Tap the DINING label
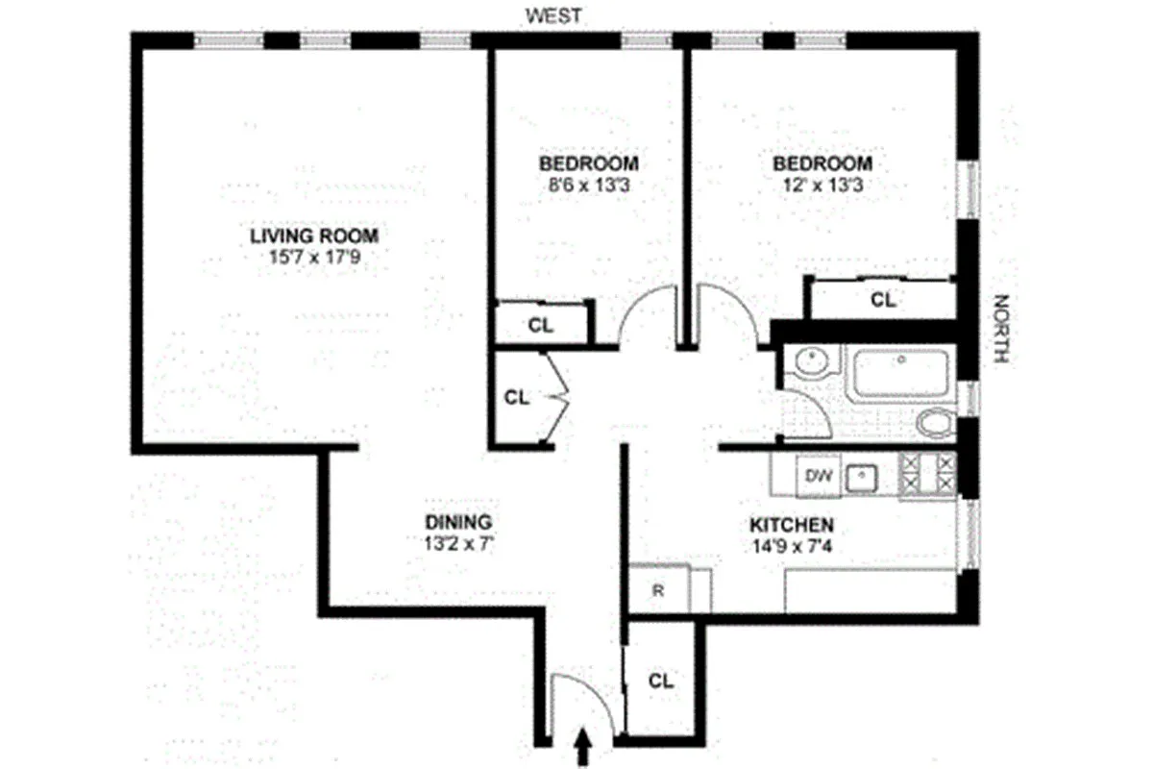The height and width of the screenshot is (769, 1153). click(458, 522)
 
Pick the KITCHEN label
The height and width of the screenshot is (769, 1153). click(791, 526)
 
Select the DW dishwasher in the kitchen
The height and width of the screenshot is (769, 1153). click(817, 475)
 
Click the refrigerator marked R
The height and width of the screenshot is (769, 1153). click(658, 590)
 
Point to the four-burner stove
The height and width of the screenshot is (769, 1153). click(928, 475)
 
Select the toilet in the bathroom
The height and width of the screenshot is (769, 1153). click(934, 423)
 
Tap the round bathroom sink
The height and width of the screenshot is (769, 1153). click(810, 363)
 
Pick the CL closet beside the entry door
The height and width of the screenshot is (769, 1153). click(660, 682)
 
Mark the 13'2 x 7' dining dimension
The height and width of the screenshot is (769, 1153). click(458, 544)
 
